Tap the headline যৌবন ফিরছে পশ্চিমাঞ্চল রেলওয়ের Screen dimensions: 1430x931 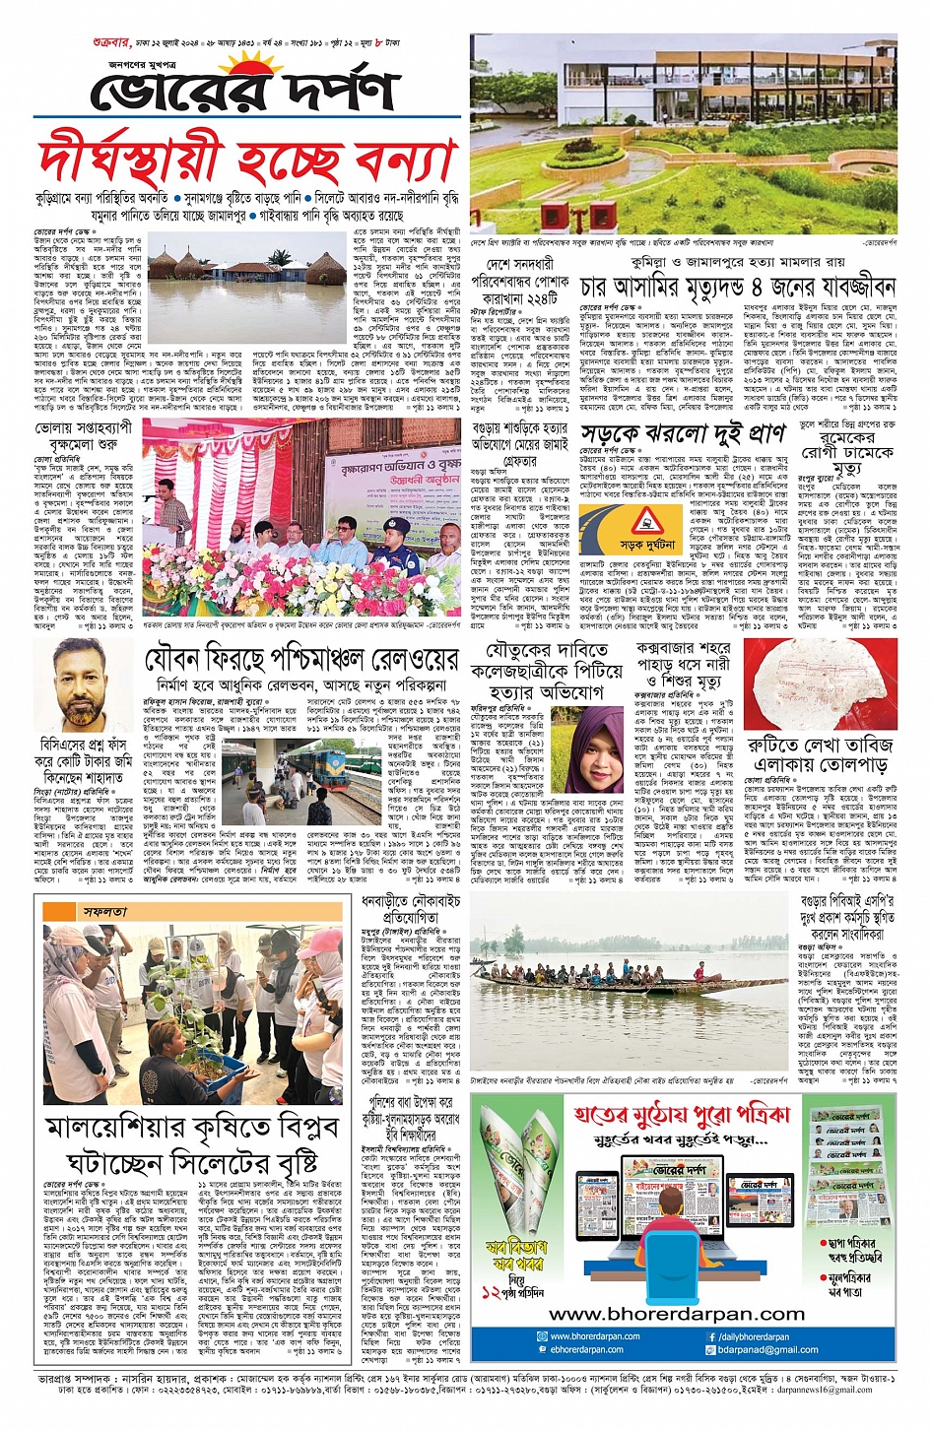coord(300,659)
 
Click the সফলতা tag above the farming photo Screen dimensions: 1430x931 coord(105,912)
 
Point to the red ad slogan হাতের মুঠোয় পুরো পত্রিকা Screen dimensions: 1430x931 coord(680,1115)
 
